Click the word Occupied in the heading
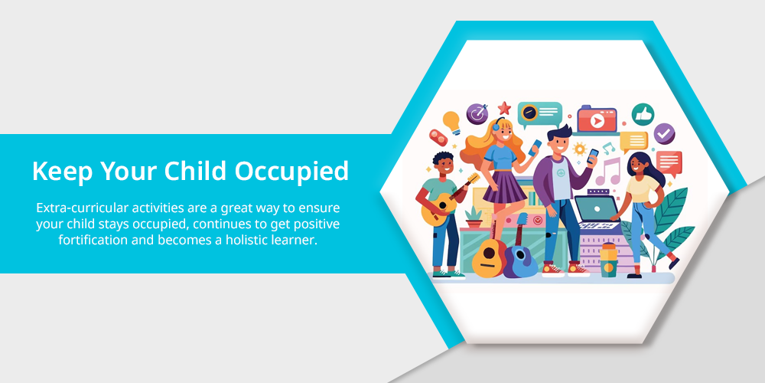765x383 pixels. [291, 172]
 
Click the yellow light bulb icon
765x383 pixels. [452, 123]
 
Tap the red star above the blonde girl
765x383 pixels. [504, 108]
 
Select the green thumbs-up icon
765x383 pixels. [643, 114]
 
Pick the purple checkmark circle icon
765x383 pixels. [664, 134]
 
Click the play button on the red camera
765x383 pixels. [597, 121]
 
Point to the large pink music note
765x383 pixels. [608, 172]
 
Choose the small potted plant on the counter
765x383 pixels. [474, 218]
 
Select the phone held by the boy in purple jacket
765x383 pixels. [592, 156]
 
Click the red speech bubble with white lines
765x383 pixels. [669, 162]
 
